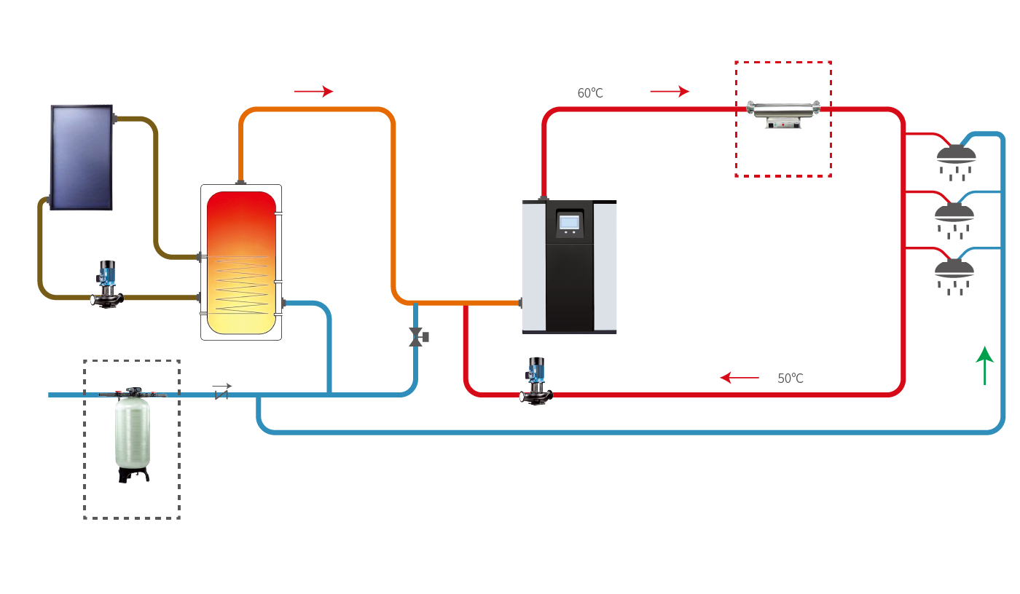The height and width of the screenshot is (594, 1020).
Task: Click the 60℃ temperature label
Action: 590,93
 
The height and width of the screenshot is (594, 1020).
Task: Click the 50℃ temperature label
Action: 790,379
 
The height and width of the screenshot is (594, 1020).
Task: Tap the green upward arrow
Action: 984,365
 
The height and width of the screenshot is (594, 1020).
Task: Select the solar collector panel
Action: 81,157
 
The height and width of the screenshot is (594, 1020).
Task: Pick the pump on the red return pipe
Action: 536,381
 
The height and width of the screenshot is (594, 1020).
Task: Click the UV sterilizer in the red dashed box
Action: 783,113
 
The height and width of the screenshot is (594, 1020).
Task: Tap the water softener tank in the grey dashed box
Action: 132,431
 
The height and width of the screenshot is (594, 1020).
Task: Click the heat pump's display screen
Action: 569,222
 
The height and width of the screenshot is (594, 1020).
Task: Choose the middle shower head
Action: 954,213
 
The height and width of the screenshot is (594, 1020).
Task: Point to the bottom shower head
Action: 954,269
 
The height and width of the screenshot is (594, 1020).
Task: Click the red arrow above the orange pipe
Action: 313,91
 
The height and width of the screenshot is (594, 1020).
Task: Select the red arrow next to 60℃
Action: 670,91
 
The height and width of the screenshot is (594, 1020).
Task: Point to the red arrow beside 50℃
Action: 739,378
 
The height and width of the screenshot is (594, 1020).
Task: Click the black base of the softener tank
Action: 133,475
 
